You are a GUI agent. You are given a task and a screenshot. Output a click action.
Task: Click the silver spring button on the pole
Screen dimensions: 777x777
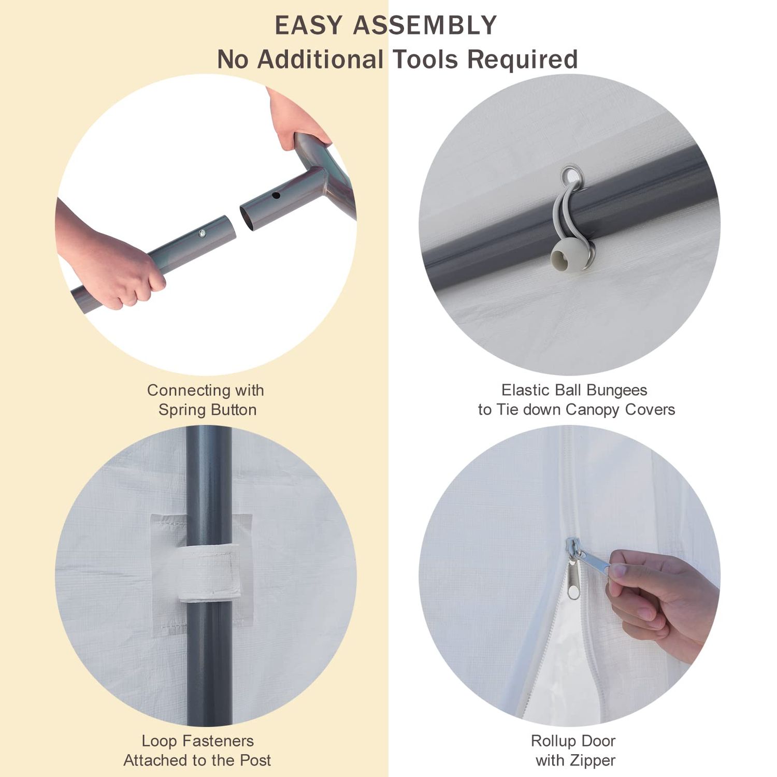[203, 234]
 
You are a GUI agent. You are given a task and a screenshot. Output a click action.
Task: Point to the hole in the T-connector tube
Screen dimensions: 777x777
[276, 196]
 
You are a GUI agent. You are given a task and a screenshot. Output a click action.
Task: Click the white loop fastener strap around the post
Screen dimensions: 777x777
[209, 573]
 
